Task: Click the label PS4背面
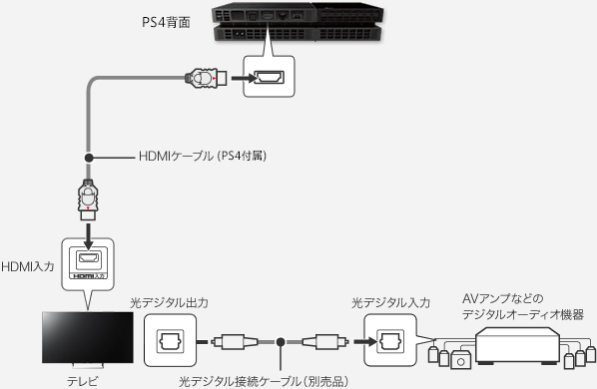tap(166, 22)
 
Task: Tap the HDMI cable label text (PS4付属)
tap(203, 156)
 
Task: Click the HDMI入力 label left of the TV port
tap(28, 266)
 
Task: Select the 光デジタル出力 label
tap(169, 303)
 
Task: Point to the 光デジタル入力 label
tap(390, 303)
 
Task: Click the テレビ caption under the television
tap(83, 381)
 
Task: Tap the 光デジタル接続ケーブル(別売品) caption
tap(264, 381)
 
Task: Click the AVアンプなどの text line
tap(502, 299)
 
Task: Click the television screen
tap(88, 338)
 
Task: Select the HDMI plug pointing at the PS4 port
tap(206, 78)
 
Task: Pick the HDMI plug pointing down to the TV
tap(88, 199)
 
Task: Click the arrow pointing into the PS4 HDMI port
tap(244, 78)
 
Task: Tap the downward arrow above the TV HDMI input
tap(88, 236)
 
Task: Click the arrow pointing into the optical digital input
tap(365, 341)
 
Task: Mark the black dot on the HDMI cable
tap(89, 157)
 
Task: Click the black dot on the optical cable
tap(281, 342)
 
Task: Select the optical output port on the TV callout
tap(171, 341)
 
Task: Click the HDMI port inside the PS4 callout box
tap(269, 77)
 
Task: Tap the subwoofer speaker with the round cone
tap(460, 360)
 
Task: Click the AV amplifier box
tap(517, 346)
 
